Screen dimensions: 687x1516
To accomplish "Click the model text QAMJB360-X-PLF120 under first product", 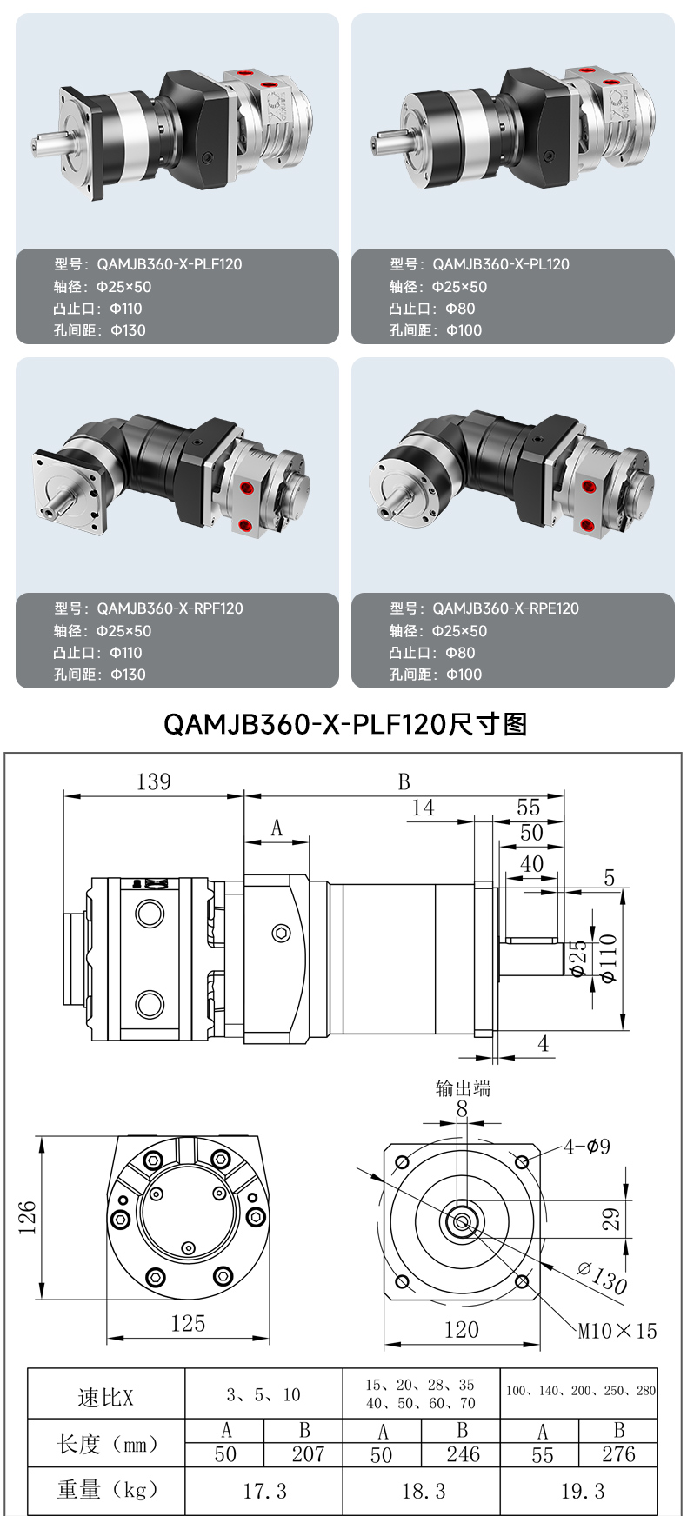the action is coord(170,264).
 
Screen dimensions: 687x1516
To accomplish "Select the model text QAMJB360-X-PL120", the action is coord(501,264).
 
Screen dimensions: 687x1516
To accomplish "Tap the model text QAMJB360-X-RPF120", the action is coord(170,608).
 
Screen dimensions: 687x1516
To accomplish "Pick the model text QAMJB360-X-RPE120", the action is coord(505,608).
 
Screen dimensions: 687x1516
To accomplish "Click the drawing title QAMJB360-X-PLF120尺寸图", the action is coord(345,724).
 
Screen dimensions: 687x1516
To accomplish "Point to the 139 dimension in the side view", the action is coord(153,781).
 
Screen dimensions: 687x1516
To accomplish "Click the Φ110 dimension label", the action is coord(608,959).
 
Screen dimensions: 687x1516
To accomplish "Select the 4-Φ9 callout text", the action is coord(587,1147).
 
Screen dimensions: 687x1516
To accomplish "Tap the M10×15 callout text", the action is coord(617,1331).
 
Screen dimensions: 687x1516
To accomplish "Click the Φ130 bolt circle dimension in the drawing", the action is coord(602,1278).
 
